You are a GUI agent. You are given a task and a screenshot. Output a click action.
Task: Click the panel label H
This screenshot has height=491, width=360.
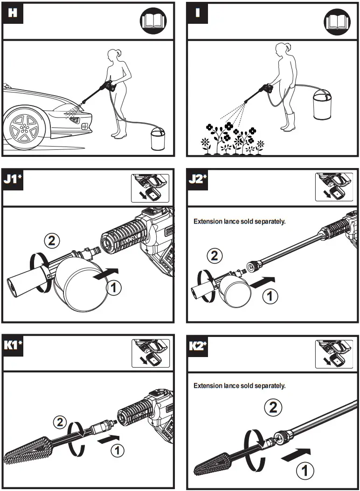pyautogui.click(x=13, y=13)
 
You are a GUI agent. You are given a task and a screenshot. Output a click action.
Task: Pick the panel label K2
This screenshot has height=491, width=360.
pyautogui.click(x=198, y=346)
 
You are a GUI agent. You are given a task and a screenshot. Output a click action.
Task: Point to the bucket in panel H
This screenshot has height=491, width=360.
pyautogui.click(x=157, y=140)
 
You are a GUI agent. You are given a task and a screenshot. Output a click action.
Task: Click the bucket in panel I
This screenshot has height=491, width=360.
pyautogui.click(x=322, y=107)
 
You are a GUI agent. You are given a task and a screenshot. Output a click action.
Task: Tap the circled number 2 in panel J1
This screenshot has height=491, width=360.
pyautogui.click(x=52, y=240)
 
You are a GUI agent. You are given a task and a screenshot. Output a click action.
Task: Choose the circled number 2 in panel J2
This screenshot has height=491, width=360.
pyautogui.click(x=215, y=255)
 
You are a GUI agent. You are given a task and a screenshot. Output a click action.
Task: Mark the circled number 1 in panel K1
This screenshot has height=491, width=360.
pyautogui.click(x=118, y=450)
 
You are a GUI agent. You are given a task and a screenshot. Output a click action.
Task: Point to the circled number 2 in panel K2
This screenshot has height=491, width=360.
pyautogui.click(x=273, y=407)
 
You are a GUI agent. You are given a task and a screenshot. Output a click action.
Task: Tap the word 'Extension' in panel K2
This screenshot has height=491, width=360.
pyautogui.click(x=208, y=386)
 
